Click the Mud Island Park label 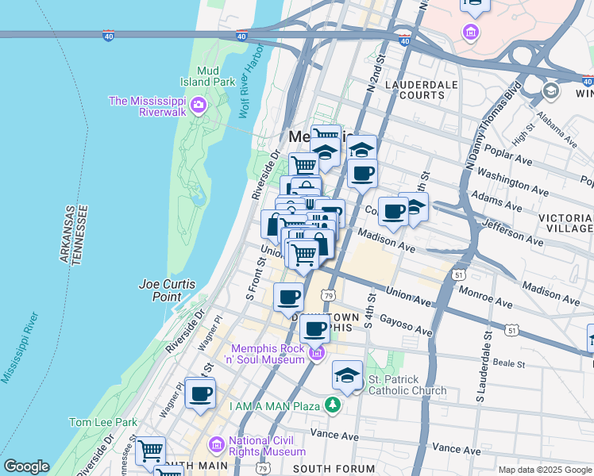[x=211, y=75]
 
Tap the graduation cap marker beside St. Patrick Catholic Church [x=347, y=374]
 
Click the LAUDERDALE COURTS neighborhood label [x=415, y=90]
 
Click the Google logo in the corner [x=26, y=466]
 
